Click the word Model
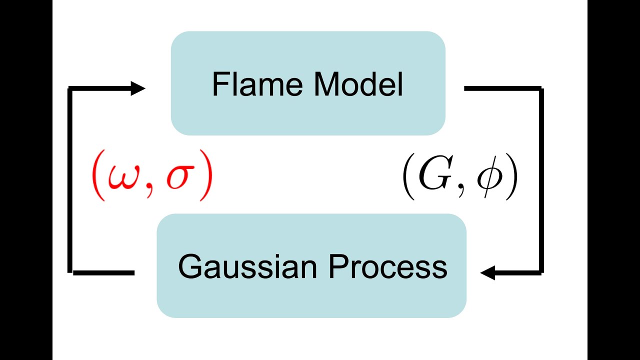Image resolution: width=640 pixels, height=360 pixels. tap(358, 84)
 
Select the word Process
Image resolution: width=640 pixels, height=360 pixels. tap(387, 267)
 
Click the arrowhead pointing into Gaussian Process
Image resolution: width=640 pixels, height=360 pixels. tap(487, 272)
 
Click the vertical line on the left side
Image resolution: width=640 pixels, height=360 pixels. tap(69, 180)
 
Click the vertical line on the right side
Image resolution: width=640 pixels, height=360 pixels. tap(541, 180)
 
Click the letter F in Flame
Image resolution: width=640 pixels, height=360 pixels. tap(218, 84)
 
